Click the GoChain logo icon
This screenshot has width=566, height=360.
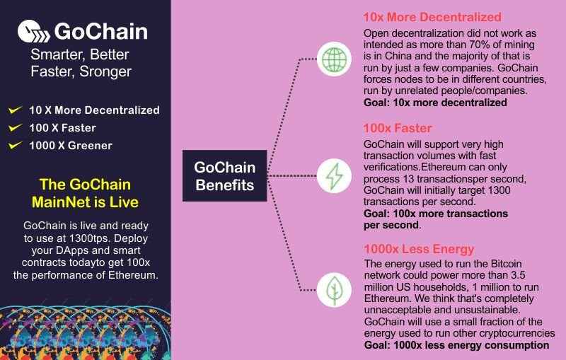(33, 31)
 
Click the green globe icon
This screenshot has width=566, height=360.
(334, 59)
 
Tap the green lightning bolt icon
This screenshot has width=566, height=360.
(334, 176)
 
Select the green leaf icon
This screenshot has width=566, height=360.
(334, 290)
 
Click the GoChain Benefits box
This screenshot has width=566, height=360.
(224, 176)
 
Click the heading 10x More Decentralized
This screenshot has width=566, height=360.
(432, 17)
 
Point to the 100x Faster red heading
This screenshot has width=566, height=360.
(398, 128)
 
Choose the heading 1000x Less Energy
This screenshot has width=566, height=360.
(419, 249)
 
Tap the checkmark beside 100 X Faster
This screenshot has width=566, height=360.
(15, 127)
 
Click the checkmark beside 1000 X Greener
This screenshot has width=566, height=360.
(15, 145)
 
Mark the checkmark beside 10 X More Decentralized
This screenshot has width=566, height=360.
(15, 110)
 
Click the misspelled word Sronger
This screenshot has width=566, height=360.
(105, 71)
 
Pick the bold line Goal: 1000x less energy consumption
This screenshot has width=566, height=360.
(456, 345)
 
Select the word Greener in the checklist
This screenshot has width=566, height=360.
(90, 146)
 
